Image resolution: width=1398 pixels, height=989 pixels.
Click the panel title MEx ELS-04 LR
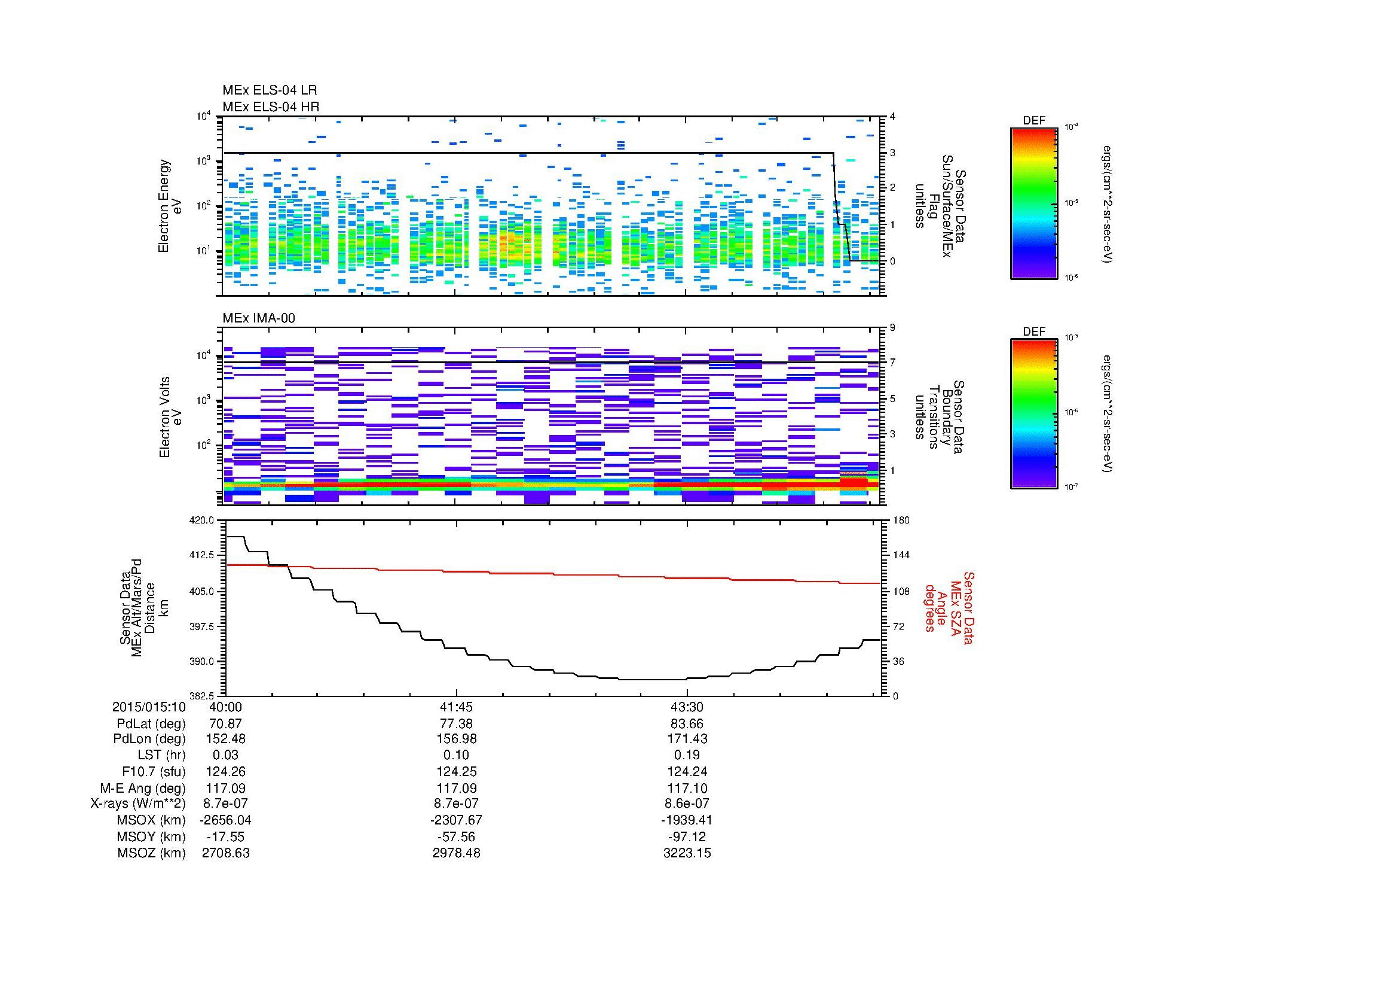click(269, 90)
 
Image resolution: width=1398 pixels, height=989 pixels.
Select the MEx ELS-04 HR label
click(270, 106)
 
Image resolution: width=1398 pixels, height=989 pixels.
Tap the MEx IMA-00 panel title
click(259, 318)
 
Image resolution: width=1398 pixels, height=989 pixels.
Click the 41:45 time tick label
click(456, 707)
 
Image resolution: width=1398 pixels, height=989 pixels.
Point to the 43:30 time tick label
click(687, 707)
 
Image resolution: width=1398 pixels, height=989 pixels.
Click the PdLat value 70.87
click(225, 724)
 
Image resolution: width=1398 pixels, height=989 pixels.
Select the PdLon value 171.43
click(687, 738)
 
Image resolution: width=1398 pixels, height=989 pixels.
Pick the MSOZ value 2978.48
click(456, 853)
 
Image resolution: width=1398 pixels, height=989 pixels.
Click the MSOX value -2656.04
click(225, 820)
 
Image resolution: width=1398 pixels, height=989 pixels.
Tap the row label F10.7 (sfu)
click(154, 771)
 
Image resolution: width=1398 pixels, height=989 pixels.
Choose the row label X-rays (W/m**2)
click(137, 804)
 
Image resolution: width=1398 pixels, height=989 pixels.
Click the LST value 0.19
click(687, 755)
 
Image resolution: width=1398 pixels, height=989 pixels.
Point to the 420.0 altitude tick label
click(203, 521)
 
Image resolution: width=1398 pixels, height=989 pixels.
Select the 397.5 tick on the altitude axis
click(203, 626)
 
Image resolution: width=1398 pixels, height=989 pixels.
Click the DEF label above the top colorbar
click(1033, 121)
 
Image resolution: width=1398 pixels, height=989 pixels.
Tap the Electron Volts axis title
click(164, 417)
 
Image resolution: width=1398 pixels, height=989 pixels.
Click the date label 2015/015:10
click(149, 707)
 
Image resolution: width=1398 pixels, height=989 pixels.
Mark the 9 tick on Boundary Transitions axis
click(892, 328)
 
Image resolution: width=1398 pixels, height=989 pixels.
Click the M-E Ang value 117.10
click(687, 788)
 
